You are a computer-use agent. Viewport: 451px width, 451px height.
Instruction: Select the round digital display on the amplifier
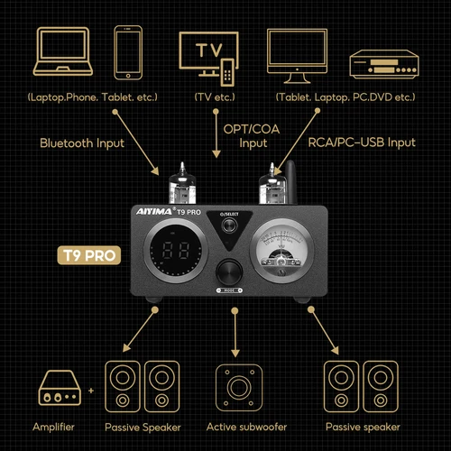(x=171, y=255)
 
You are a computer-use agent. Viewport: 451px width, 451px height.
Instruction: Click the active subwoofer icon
(x=236, y=387)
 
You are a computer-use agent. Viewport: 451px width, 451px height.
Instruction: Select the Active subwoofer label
(x=236, y=427)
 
